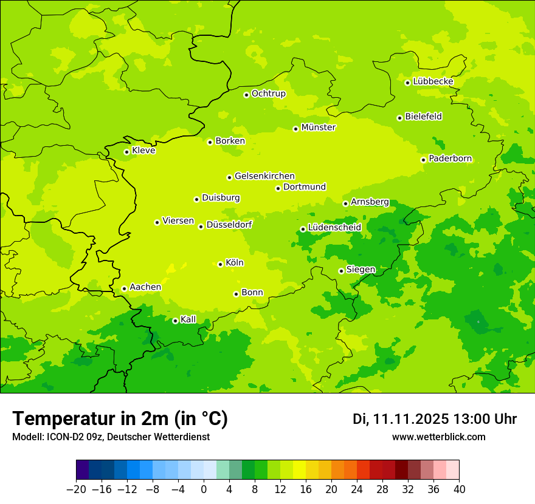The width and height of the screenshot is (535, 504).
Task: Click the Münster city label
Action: (319, 128)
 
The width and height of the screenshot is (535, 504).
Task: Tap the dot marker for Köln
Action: (220, 264)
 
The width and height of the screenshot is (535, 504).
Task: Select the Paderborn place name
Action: (450, 158)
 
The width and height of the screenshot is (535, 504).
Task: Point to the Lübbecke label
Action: (433, 81)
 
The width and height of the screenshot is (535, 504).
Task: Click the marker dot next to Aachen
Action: (124, 288)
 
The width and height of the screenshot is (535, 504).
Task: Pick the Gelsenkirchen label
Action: (264, 176)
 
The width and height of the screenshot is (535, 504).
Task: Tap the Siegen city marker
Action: (341, 271)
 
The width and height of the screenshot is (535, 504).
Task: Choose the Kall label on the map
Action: (188, 319)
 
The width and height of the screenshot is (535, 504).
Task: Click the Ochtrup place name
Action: (268, 94)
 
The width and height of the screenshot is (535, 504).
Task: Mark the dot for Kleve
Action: (126, 152)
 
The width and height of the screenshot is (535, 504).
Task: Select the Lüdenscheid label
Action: (334, 228)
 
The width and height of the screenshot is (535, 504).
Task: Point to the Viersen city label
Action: (178, 221)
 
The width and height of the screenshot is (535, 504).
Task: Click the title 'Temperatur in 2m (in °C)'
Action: (120, 418)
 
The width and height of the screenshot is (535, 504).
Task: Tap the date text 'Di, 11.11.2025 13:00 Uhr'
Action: (434, 419)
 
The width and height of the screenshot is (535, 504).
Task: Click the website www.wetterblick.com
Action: (438, 437)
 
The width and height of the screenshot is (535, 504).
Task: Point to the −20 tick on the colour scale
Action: (76, 489)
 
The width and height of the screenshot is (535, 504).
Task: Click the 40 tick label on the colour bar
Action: (459, 489)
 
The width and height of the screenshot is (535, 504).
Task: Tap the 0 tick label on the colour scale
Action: (204, 489)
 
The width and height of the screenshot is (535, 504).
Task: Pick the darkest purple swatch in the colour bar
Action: (82, 471)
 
